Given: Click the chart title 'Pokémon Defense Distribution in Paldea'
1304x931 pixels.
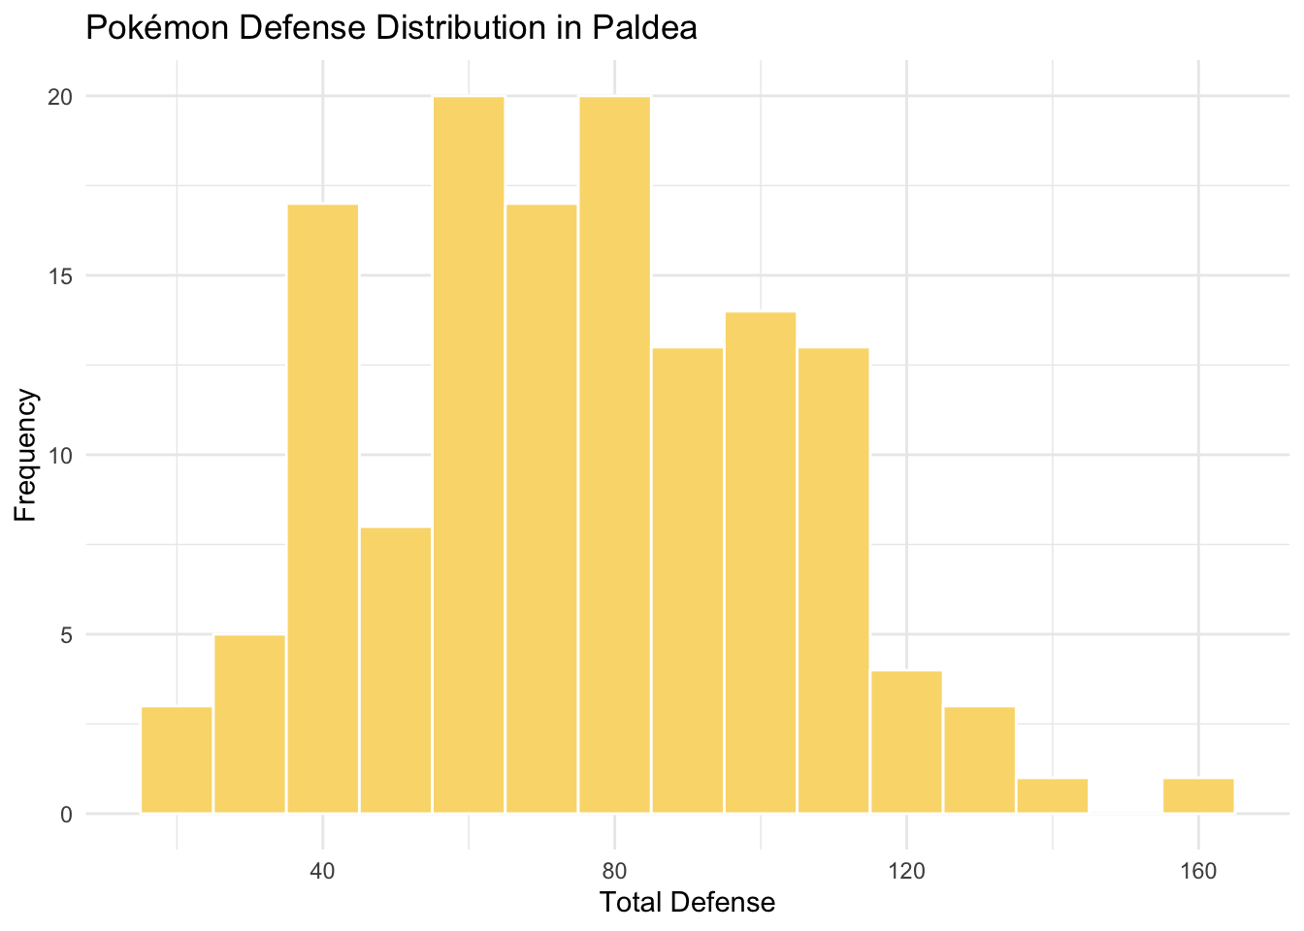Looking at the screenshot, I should (x=391, y=28).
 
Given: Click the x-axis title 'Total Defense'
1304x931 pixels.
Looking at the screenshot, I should (x=687, y=903).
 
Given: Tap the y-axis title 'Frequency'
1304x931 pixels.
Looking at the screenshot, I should (x=26, y=455).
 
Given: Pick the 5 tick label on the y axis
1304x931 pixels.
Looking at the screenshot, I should (x=66, y=634).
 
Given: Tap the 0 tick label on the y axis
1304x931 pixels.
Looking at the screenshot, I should (x=66, y=814).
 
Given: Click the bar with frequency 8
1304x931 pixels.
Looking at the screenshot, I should (x=396, y=670).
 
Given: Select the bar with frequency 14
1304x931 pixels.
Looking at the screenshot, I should (x=761, y=562).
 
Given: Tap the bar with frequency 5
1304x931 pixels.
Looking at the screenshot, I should (x=249, y=723).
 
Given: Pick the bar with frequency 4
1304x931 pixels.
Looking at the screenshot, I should (x=906, y=742).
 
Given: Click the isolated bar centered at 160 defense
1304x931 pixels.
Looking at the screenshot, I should (x=1198, y=796).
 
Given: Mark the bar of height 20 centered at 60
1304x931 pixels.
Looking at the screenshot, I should (x=469, y=455).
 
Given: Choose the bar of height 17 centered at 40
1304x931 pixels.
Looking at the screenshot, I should (x=323, y=509).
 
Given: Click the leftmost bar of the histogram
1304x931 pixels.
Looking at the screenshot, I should (x=177, y=760).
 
